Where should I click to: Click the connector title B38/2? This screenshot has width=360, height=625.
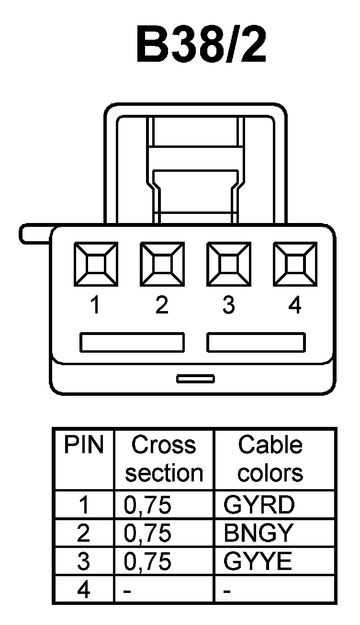pyautogui.click(x=202, y=45)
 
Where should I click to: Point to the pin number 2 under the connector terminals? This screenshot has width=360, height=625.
pyautogui.click(x=162, y=305)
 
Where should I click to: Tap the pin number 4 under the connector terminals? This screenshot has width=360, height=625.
pyautogui.click(x=295, y=305)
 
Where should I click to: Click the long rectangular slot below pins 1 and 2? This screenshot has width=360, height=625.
pyautogui.click(x=132, y=343)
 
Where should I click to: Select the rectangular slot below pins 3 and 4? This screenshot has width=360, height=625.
pyautogui.click(x=256, y=343)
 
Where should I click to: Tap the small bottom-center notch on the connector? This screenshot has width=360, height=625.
pyautogui.click(x=195, y=379)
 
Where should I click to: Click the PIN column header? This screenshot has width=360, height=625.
pyautogui.click(x=84, y=446)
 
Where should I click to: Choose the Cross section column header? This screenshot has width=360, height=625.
pyautogui.click(x=164, y=458)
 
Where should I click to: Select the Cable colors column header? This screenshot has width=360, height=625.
pyautogui.click(x=270, y=458)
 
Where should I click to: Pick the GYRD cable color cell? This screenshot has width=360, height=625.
pyautogui.click(x=259, y=505)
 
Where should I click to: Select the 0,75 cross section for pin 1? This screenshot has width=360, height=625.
pyautogui.click(x=147, y=505)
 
